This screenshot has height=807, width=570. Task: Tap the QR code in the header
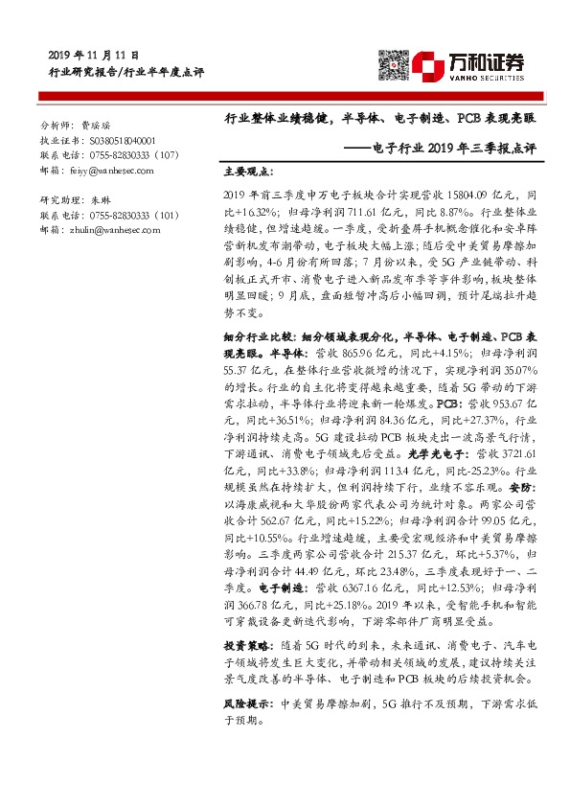click(392, 64)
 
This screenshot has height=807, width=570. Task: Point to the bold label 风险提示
click(245, 703)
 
